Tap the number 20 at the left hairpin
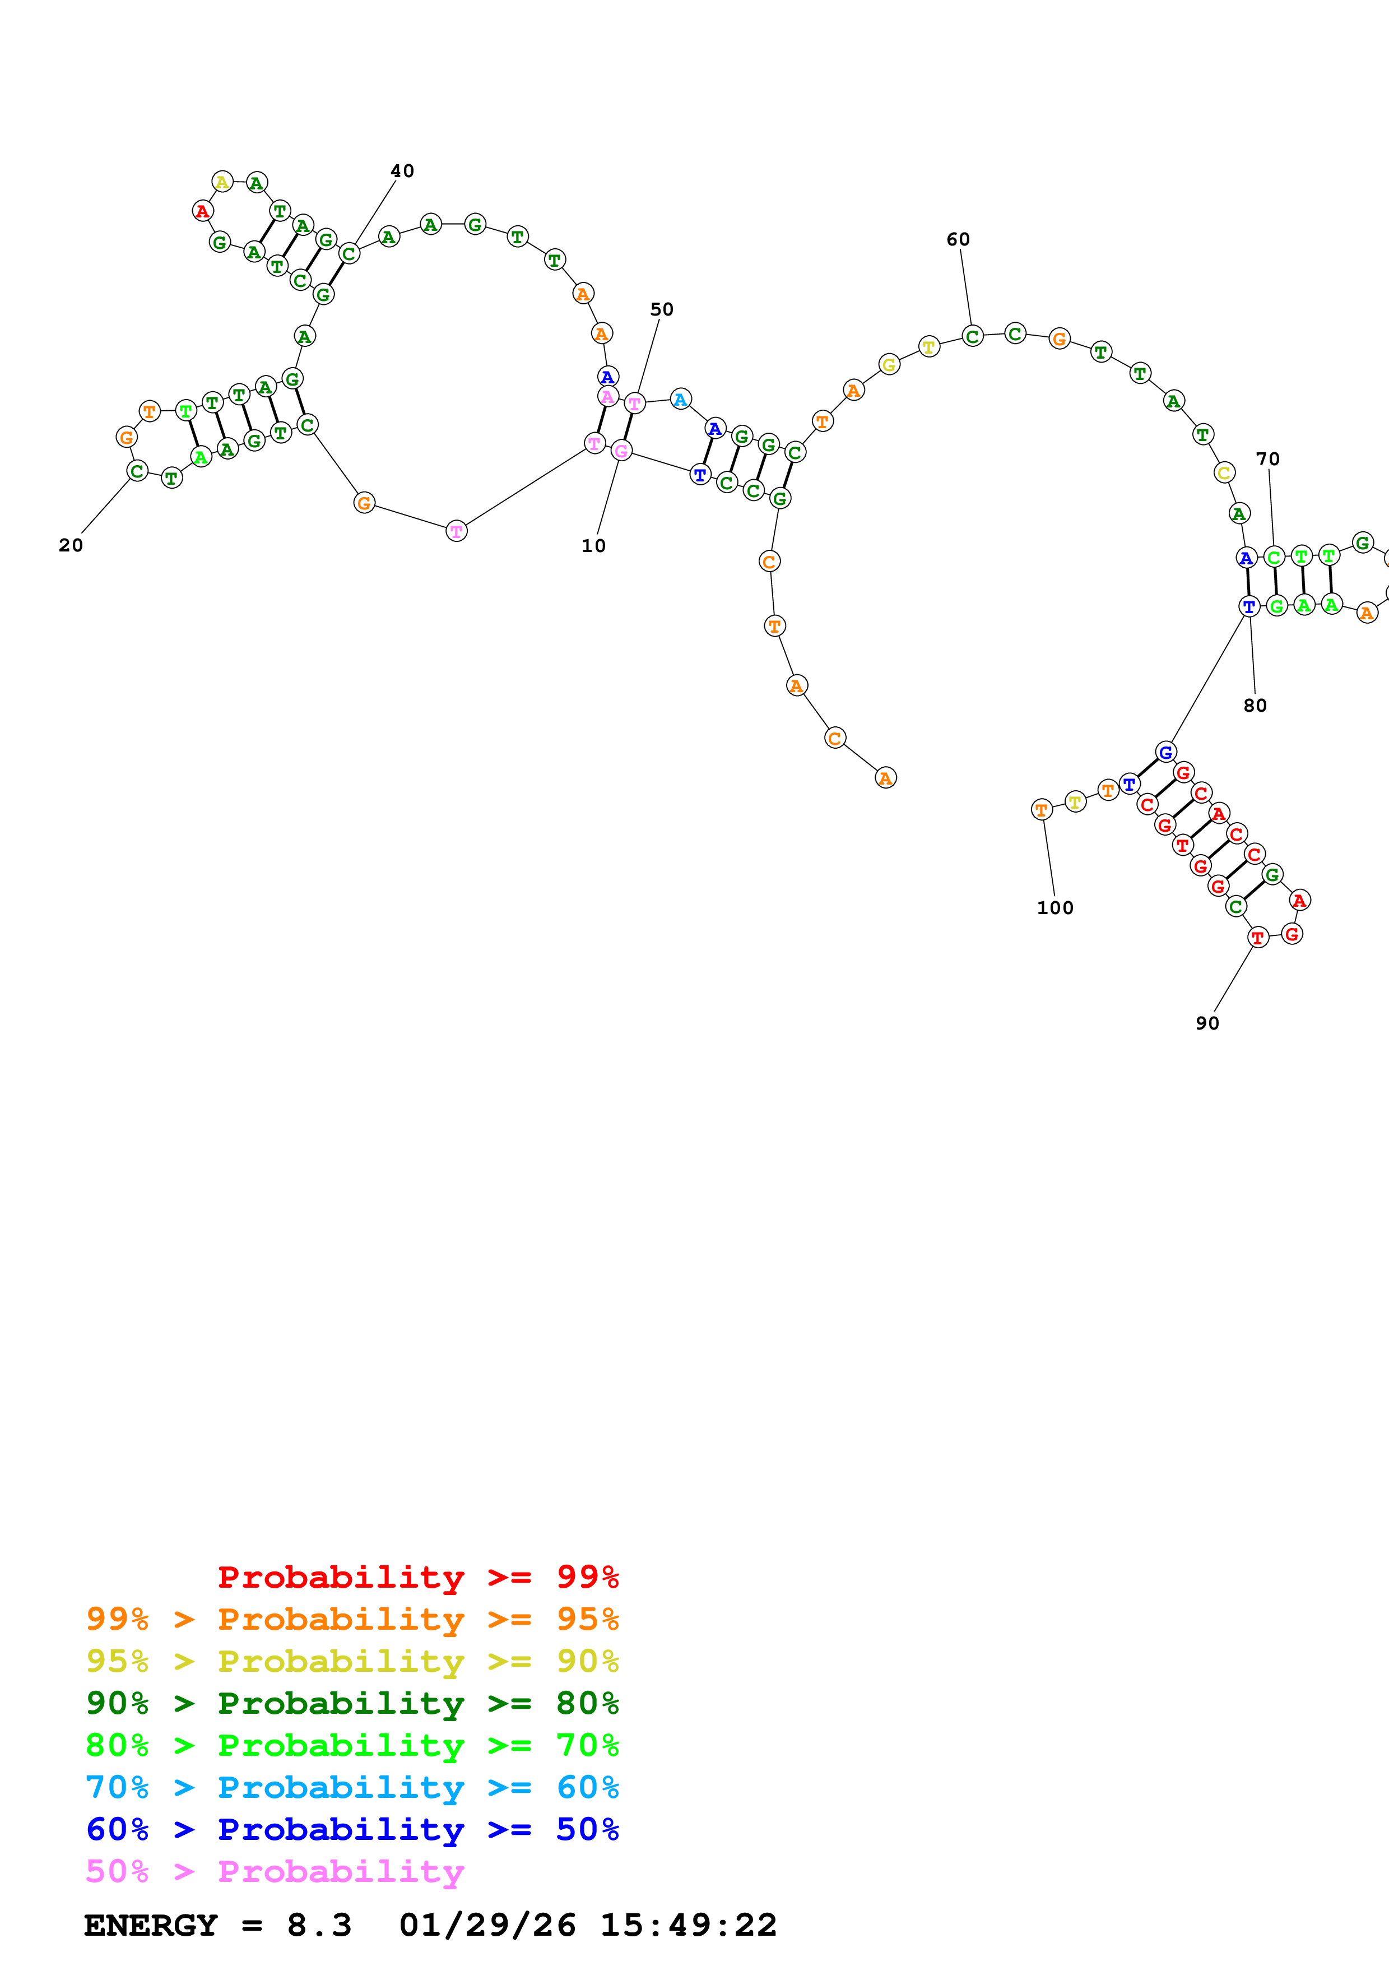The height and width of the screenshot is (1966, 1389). (70, 545)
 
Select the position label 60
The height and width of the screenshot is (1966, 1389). (958, 240)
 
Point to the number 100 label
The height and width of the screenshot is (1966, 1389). (1054, 908)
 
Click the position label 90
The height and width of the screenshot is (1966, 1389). (1207, 1023)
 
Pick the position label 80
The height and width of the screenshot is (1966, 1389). (1255, 706)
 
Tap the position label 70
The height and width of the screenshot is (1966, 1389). (1267, 459)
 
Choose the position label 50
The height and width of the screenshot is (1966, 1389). (662, 309)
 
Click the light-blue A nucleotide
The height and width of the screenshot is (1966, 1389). (680, 399)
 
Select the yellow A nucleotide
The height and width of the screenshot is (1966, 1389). (222, 182)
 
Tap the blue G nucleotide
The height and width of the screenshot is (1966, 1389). (1165, 752)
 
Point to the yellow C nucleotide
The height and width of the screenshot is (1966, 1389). (1224, 472)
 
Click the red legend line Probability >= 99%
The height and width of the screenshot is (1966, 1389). (417, 1577)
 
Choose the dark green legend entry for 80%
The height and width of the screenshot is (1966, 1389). (352, 1703)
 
